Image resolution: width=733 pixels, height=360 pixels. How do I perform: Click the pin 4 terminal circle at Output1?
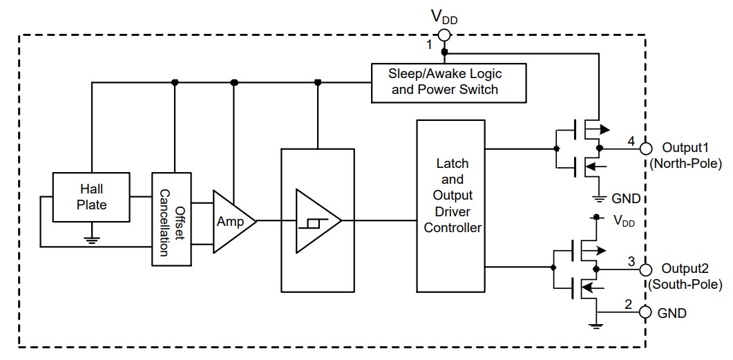[646, 148]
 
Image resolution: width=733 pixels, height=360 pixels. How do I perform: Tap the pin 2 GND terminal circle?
[646, 313]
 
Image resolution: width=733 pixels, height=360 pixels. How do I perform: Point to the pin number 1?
[428, 45]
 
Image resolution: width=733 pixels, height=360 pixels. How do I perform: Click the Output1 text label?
[685, 148]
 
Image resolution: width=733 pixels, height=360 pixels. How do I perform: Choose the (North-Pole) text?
[686, 164]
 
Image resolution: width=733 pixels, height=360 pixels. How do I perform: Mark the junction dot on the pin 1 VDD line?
[444, 52]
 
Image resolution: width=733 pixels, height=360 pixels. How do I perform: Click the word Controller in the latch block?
[452, 227]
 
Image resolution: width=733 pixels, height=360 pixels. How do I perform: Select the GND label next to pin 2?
[672, 313]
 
